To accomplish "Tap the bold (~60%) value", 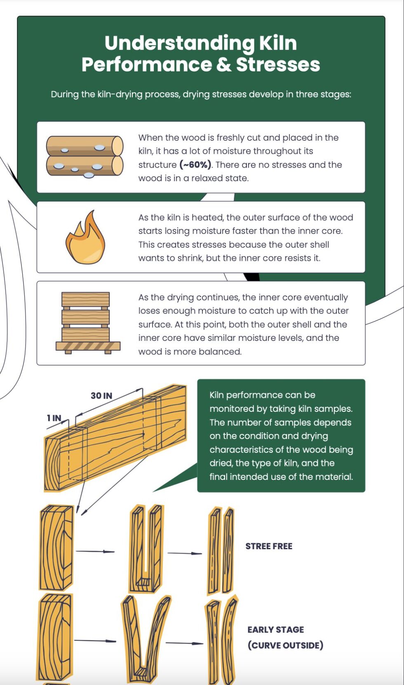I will (195, 165).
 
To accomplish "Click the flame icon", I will (86, 238).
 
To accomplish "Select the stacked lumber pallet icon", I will (87, 323).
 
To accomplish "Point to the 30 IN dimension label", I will (101, 396).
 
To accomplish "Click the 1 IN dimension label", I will (54, 418).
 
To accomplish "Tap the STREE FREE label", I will (269, 546).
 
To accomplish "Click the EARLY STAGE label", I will (275, 630).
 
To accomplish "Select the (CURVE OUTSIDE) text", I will (285, 645).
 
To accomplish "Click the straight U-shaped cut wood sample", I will (146, 549).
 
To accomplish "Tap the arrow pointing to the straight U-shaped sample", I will (95, 551).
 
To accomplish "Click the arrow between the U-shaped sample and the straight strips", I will (184, 553).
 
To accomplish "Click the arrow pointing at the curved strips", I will (184, 643).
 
